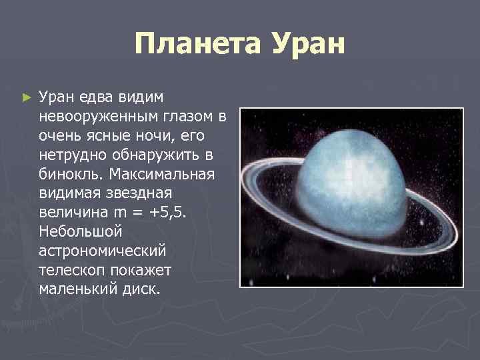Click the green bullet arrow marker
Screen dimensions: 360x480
(26, 98)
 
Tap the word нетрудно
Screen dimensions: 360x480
(70, 155)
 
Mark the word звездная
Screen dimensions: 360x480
(138, 193)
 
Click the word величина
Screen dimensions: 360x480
(69, 213)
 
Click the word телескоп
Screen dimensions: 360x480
(69, 271)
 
